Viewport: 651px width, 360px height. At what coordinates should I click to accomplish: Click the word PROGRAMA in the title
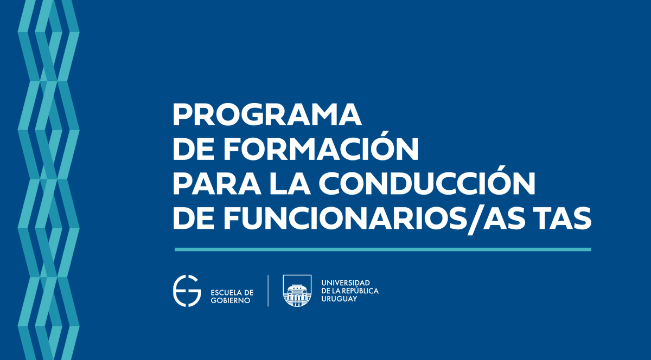click(x=267, y=115)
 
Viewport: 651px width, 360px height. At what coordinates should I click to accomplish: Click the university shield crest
click(x=297, y=291)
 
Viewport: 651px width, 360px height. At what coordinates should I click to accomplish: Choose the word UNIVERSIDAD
click(x=346, y=283)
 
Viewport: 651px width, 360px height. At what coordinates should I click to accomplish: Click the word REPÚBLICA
click(x=361, y=291)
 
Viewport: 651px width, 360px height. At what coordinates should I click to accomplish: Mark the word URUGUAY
click(x=340, y=299)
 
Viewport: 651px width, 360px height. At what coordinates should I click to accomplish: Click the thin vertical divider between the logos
click(x=268, y=291)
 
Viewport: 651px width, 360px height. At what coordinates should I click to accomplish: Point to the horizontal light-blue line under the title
click(x=382, y=249)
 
